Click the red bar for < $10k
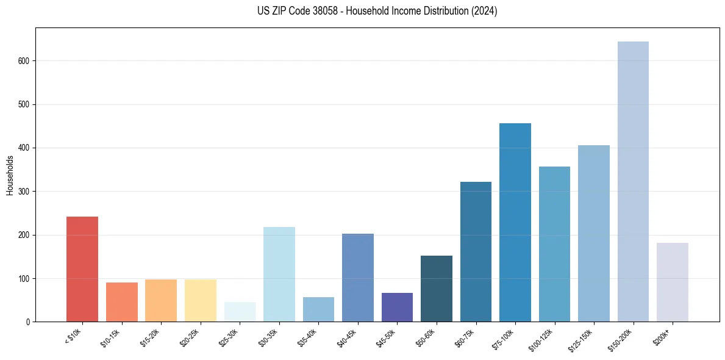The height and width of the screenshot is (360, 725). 82,269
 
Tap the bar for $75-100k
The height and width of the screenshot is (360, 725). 515,223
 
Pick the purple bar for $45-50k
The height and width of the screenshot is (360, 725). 397,308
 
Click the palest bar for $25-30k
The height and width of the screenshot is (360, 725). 240,312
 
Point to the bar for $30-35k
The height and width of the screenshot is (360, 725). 279,275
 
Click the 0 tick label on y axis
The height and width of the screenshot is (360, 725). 28,322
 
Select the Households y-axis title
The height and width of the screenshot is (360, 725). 10,175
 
